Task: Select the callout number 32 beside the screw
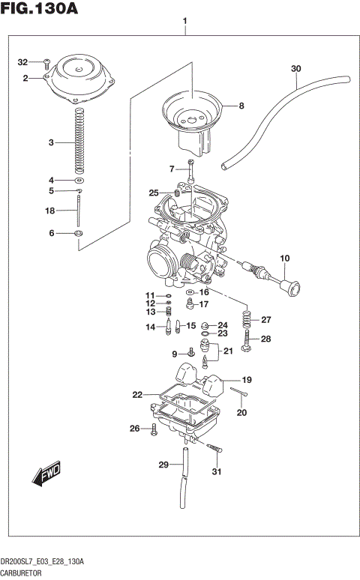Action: (22, 62)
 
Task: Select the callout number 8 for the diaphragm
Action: (241, 106)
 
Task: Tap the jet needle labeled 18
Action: (79, 211)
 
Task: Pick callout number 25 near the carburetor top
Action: (154, 193)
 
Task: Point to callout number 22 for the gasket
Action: (136, 395)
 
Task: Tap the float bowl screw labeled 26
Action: (154, 429)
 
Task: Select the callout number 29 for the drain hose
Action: (163, 465)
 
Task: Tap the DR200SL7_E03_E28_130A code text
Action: (42, 561)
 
